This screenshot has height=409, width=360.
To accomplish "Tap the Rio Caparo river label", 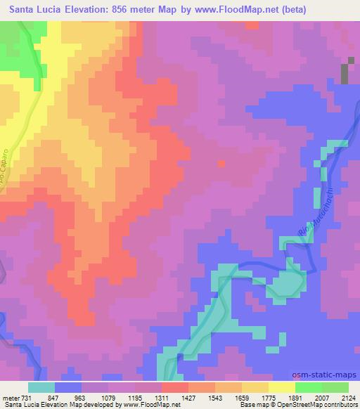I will pyautogui.click(x=6, y=168).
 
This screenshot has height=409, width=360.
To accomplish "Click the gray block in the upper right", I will pyautogui.click(x=345, y=72).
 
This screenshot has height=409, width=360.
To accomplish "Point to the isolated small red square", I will pyautogui.click(x=222, y=164).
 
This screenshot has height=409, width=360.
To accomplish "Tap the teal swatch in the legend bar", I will pyautogui.click(x=41, y=387).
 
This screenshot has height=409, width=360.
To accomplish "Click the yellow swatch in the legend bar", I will pyautogui.click(x=282, y=387).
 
